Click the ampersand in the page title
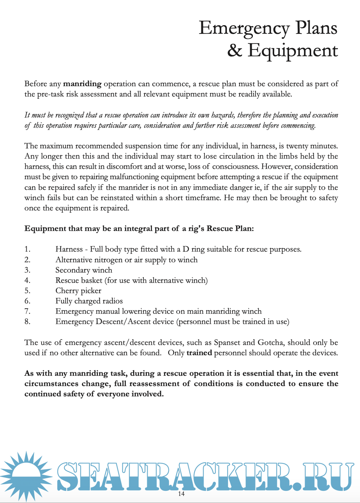tap(235, 51)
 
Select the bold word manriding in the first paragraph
tap(82, 84)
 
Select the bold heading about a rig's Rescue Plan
tap(139, 229)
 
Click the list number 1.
tap(27, 249)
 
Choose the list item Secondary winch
tap(84, 270)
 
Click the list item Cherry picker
tap(78, 291)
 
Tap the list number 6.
tap(27, 301)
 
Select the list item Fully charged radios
tap(89, 301)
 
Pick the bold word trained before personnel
tap(199, 353)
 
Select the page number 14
tap(181, 494)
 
